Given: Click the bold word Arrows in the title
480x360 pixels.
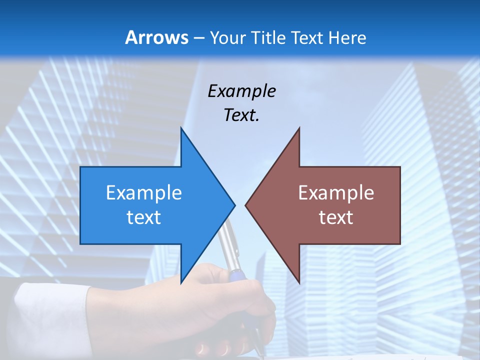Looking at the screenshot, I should point(157,37).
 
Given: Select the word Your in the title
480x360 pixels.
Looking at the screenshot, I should point(225,37).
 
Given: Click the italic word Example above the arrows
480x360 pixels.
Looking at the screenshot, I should point(241,91).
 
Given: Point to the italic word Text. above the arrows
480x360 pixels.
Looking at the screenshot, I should point(241,115).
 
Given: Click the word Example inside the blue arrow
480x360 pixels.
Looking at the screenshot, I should point(143,192).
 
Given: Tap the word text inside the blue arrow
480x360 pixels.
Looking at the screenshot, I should point(143,217).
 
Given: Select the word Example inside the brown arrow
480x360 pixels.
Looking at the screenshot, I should point(336,192).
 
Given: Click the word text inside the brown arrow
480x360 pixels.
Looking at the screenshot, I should point(336,217).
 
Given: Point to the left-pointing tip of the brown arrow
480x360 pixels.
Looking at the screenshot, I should point(245,205).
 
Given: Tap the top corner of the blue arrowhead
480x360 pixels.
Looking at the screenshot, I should point(181,128).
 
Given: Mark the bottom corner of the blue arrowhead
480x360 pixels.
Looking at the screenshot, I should point(181,283).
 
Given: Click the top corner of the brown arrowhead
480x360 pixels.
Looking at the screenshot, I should point(299,128).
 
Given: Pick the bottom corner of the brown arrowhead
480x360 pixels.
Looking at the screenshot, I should point(299,283).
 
